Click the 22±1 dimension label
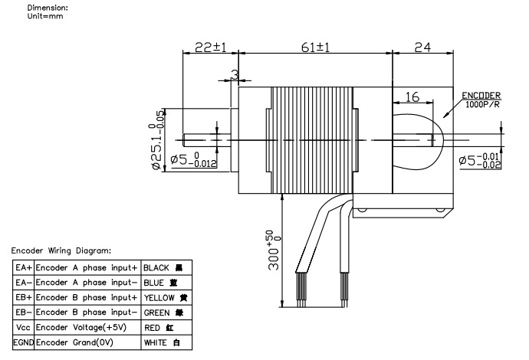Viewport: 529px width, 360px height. click(x=209, y=47)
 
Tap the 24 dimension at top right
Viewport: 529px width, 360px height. click(x=422, y=47)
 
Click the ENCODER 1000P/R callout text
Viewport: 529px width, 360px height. click(x=481, y=100)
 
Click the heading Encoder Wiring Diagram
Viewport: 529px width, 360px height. click(x=61, y=250)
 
